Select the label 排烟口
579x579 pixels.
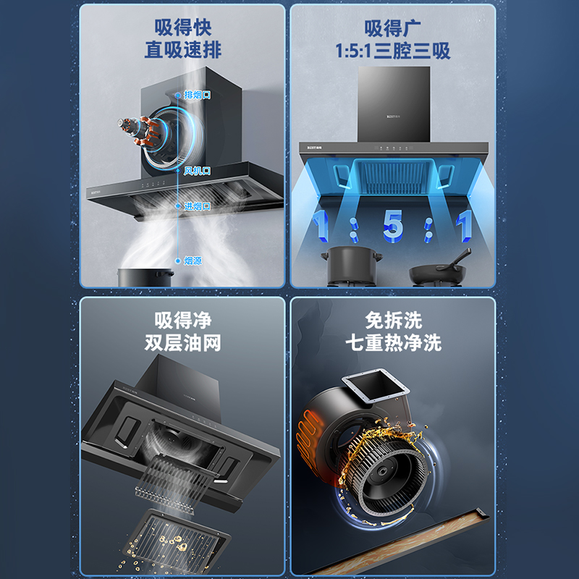pyautogui.click(x=197, y=95)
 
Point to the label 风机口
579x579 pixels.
pyautogui.click(x=197, y=171)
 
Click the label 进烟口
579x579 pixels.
pyautogui.click(x=197, y=206)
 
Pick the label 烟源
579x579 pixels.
pyautogui.click(x=192, y=260)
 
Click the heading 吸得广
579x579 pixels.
pyautogui.click(x=392, y=28)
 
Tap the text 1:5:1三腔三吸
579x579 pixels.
pyautogui.click(x=392, y=51)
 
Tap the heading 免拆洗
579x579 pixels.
pyautogui.click(x=393, y=320)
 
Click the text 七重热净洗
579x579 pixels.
pyautogui.click(x=393, y=342)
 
